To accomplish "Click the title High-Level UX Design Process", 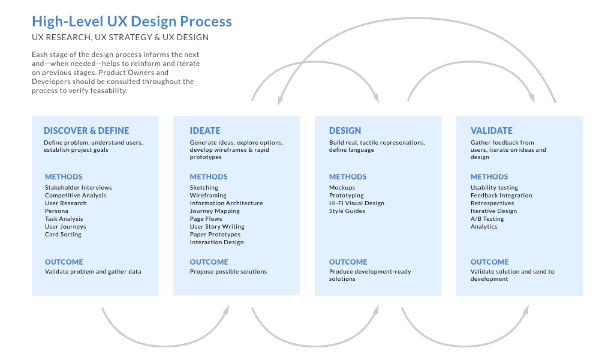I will (131, 22).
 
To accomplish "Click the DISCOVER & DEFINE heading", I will (86, 130).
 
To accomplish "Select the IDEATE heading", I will (205, 130).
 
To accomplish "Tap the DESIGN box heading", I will (345, 130).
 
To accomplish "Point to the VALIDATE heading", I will (492, 130).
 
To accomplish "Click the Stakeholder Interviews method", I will (78, 188).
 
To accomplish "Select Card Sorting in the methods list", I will (63, 235).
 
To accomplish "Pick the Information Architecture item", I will (226, 203).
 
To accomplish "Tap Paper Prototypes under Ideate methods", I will (215, 235).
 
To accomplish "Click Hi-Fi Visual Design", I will (357, 203).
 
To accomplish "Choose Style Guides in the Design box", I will (347, 211).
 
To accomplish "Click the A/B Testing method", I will (487, 219).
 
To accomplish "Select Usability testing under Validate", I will (494, 188).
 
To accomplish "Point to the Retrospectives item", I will (492, 203).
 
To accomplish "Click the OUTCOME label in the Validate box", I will (489, 262).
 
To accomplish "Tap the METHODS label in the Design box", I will (348, 177).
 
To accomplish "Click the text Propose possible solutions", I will (228, 272).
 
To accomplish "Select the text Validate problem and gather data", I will (93, 272).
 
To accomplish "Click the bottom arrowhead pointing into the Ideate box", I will (227, 309).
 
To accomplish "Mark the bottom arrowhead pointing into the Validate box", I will (526, 309).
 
